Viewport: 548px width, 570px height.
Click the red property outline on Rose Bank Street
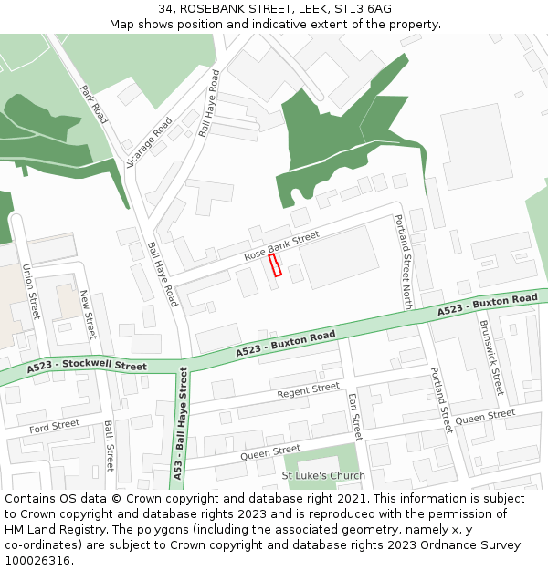pyautogui.click(x=276, y=264)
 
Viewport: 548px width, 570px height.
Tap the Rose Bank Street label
pyautogui.click(x=281, y=246)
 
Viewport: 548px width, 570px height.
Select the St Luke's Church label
pyautogui.click(x=323, y=475)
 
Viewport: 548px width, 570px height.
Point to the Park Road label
pyautogui.click(x=94, y=105)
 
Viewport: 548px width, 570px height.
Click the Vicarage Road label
pyautogui.click(x=150, y=142)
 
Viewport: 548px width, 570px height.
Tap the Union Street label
pyautogui.click(x=31, y=292)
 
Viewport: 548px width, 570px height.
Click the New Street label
pyautogui.click(x=89, y=314)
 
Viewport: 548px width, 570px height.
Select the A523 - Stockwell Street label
pyautogui.click(x=87, y=367)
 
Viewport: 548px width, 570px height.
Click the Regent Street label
pyautogui.click(x=309, y=390)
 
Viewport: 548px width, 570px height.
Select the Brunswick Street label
pyautogui.click(x=491, y=356)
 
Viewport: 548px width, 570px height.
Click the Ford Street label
pyautogui.click(x=54, y=426)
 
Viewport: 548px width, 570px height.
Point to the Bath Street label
pyautogui.click(x=110, y=445)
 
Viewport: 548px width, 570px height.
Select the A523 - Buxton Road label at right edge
pyautogui.click(x=487, y=305)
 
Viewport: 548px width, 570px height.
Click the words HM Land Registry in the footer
pyautogui.click(x=52, y=529)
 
